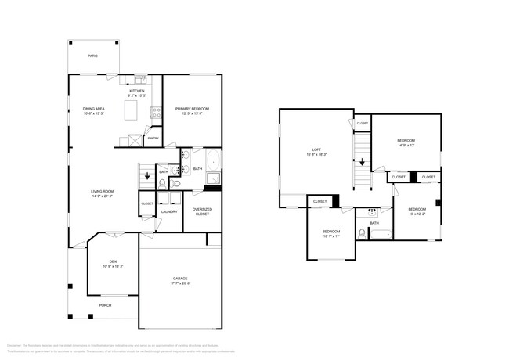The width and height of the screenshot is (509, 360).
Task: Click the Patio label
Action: point(93,57)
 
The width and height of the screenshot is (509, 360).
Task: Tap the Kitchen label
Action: point(137,91)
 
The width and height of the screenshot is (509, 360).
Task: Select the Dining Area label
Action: point(93,109)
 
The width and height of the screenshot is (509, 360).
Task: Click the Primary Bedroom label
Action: point(192,109)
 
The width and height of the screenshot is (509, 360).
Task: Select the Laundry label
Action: point(169,211)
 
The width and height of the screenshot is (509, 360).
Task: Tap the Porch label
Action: point(104,305)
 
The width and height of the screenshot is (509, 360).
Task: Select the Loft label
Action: point(317,149)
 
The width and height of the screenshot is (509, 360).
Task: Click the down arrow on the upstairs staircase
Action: point(362,162)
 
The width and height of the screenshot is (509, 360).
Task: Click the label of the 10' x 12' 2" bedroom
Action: point(416,209)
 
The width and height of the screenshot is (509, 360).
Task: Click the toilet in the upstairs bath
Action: point(362,233)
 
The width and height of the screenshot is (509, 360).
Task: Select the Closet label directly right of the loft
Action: point(362,124)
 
